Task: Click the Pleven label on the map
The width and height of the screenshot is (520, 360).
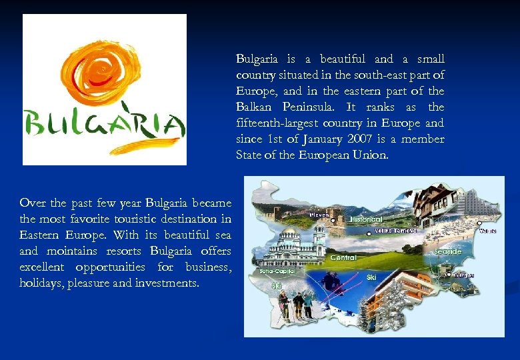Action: [x=319, y=215]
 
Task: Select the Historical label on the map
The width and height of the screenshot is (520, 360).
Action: [x=366, y=219]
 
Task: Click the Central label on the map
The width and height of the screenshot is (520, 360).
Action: [x=343, y=257]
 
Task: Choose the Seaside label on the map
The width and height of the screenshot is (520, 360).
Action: [x=447, y=252]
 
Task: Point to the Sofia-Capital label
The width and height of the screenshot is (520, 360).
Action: [x=277, y=272]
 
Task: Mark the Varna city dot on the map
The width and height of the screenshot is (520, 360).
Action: [x=479, y=231]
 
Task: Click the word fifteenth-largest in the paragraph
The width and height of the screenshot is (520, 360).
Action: [x=273, y=123]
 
